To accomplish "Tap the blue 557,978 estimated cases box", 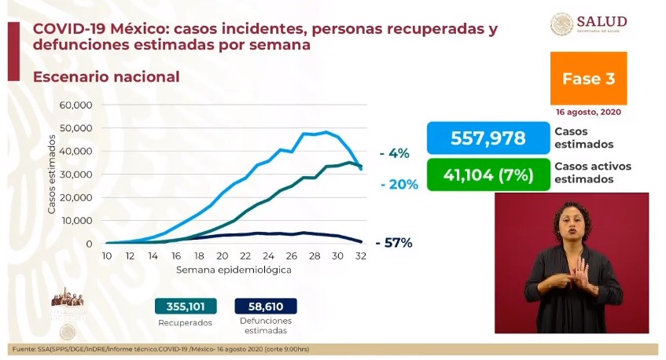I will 488,138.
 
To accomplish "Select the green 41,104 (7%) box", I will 488,174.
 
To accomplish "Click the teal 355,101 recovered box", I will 186,307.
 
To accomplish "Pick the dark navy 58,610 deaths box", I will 264,307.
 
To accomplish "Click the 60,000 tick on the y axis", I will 76,105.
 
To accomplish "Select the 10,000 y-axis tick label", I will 76,220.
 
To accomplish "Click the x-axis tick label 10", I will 106,256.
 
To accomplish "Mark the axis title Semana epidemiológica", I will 234,270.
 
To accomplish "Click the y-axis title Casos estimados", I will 52,174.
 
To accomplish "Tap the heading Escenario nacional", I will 106,77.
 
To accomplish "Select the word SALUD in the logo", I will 602,20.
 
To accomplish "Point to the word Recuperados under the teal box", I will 185,322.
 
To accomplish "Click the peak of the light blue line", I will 326,132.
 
